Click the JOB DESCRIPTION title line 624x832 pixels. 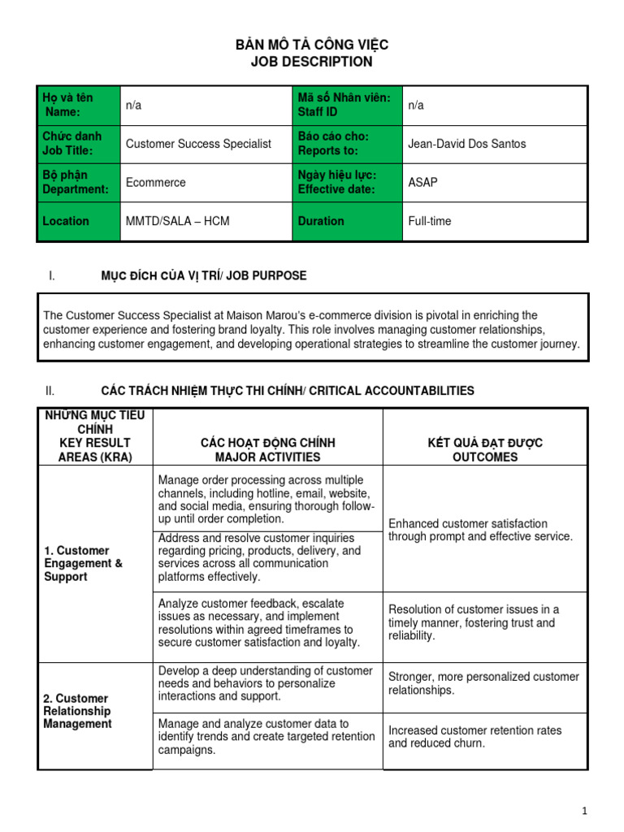point(312,62)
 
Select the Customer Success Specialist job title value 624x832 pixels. point(198,144)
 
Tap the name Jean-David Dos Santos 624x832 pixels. point(466,144)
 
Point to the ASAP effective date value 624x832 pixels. point(422,183)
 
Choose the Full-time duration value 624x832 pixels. point(430,221)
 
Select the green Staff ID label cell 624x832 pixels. point(347,105)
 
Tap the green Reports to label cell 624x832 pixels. point(347,144)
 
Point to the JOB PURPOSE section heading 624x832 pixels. point(203,275)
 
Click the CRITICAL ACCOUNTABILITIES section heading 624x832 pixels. point(287,391)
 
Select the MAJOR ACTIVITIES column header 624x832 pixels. point(267,450)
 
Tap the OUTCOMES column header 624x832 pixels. point(485,450)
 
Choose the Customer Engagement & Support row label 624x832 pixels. point(83,563)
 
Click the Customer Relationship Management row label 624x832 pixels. point(78,711)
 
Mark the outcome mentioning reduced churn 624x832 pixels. point(474,737)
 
